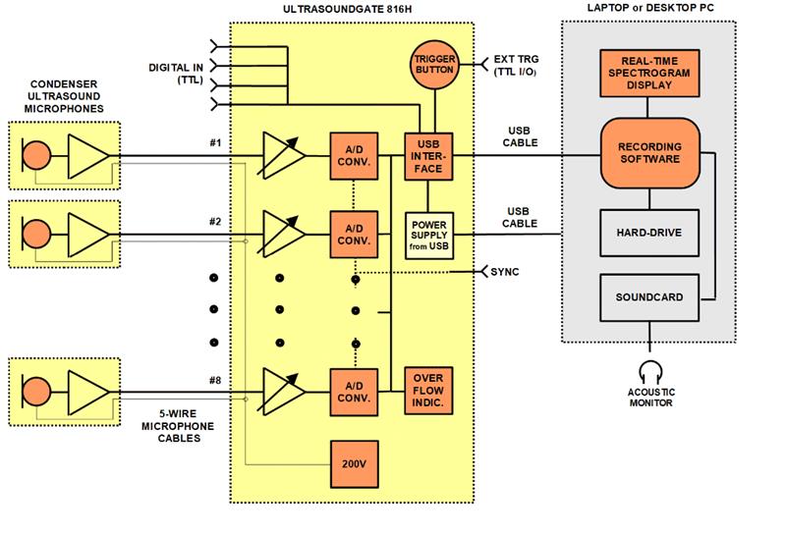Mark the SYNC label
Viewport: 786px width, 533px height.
[504, 271]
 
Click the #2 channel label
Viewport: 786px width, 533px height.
[215, 221]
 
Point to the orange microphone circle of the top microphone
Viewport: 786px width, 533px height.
[36, 156]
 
